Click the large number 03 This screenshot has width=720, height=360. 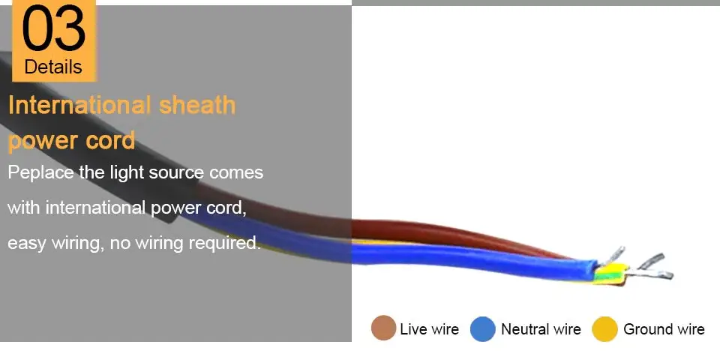[54, 28]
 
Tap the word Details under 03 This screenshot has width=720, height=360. [53, 67]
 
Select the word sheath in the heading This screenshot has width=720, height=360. [197, 105]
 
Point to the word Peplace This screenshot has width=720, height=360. [40, 173]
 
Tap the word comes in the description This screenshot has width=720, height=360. [236, 173]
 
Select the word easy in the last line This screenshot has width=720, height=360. [27, 244]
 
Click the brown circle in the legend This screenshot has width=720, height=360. [383, 328]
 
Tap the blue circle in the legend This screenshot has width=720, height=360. [483, 328]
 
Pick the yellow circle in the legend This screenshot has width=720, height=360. [604, 328]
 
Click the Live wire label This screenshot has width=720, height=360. [429, 329]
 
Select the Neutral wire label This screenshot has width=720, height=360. [541, 329]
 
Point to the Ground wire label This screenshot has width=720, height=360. [664, 329]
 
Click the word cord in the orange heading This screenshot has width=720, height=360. [110, 140]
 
